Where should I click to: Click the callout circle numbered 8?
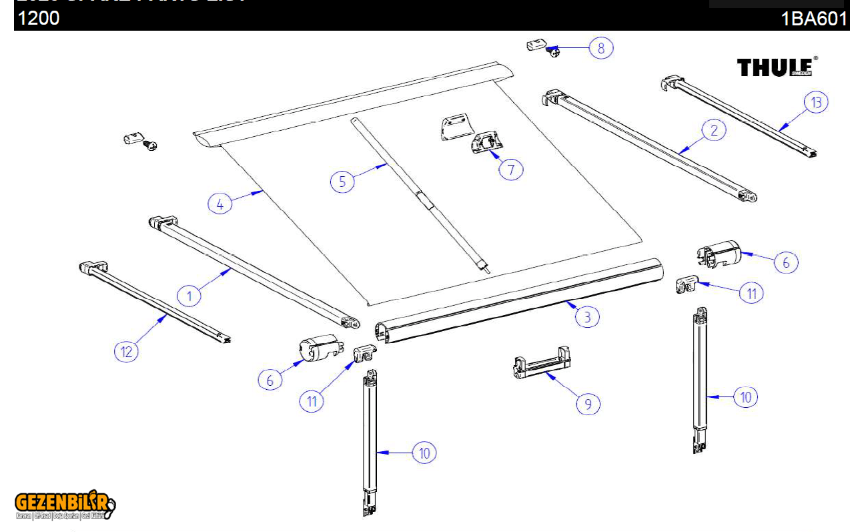tap(601, 48)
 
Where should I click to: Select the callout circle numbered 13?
tap(815, 103)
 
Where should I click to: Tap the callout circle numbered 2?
tap(714, 130)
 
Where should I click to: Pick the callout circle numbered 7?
tap(511, 170)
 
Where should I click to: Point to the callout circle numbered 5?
tap(342, 181)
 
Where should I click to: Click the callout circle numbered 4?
tap(220, 203)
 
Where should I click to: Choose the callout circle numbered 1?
tap(189, 295)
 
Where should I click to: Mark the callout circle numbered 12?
tap(127, 351)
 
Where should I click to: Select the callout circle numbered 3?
tap(587, 316)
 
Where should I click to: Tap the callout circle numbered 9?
tap(588, 404)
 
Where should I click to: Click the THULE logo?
tap(777, 67)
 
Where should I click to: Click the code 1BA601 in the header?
tap(813, 19)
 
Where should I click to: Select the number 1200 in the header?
tap(39, 18)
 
